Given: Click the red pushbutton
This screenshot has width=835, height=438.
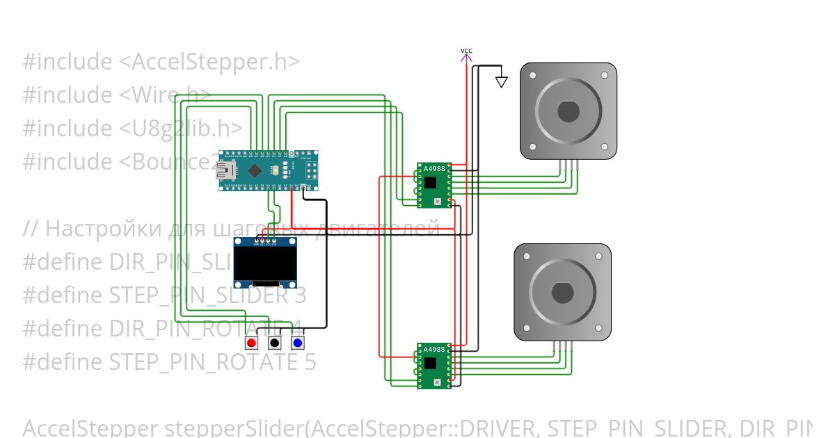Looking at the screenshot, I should coord(252,343).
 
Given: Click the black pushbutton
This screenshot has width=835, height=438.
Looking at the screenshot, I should coord(275,343).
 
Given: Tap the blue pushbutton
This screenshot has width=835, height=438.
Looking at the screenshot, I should coord(297,343).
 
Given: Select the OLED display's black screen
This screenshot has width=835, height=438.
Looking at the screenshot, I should coord(264,264).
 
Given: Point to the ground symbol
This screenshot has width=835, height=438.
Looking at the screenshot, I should coord(501,81).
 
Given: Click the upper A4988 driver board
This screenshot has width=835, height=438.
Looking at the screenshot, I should coord(434,185).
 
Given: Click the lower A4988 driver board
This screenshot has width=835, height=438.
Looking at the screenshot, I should coord(434,366).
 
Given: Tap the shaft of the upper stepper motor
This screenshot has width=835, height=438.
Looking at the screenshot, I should coord(568,111).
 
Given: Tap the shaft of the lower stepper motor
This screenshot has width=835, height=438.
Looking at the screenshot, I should coord(562,292).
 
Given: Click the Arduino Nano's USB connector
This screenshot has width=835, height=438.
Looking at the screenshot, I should coord(226,170).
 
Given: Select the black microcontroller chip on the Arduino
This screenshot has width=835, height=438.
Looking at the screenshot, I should coord(255,170).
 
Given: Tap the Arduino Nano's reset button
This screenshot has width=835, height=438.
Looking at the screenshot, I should coord(277,170).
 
